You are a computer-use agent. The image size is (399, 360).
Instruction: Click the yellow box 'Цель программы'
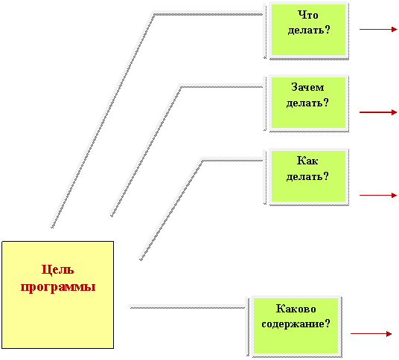[58, 295]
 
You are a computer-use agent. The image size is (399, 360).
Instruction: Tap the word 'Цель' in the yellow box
[57, 270]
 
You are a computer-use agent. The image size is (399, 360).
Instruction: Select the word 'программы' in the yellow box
[58, 287]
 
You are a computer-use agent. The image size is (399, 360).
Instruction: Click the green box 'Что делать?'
[308, 30]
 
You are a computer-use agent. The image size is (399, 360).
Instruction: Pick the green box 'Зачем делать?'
[308, 103]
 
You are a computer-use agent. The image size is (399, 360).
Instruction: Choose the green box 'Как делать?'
[308, 176]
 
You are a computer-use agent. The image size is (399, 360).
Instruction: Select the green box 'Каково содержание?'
[296, 326]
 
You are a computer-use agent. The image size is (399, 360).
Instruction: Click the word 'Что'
[308, 15]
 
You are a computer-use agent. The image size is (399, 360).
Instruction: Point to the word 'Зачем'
[307, 87]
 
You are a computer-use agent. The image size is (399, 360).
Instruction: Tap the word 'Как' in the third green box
[307, 161]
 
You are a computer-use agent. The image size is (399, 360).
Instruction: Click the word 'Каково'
[296, 309]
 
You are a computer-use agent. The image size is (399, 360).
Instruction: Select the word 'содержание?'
[296, 324]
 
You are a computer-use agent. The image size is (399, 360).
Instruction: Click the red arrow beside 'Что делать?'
[378, 30]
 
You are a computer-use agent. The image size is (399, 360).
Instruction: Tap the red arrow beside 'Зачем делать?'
[378, 112]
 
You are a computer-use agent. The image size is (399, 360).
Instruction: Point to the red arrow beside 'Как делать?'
[378, 196]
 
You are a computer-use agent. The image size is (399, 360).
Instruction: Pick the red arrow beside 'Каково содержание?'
[371, 333]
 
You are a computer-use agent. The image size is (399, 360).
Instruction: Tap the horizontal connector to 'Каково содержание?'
[188, 307]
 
